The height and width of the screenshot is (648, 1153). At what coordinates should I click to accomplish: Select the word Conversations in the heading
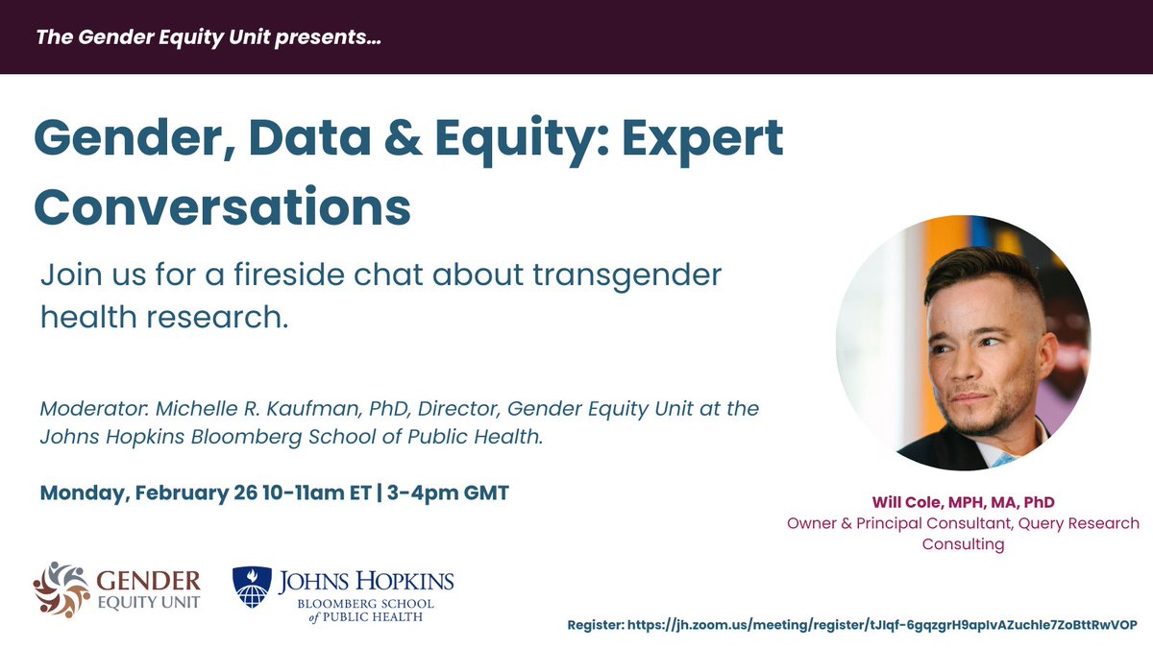point(222,204)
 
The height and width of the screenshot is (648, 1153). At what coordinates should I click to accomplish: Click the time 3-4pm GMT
point(447,493)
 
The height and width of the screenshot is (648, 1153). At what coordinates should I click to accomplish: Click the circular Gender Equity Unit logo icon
point(62,588)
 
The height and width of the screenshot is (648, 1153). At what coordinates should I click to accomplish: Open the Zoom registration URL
point(882,623)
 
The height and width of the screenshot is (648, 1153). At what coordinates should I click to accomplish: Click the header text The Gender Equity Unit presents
point(202,38)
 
